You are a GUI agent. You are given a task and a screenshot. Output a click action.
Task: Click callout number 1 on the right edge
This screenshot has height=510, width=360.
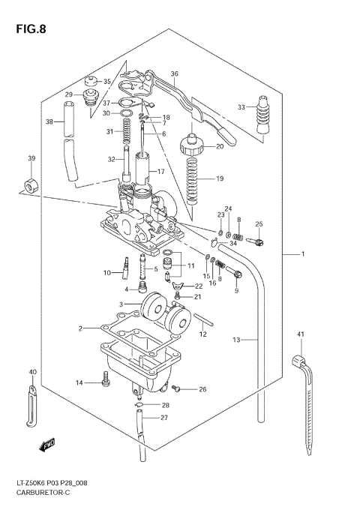303,255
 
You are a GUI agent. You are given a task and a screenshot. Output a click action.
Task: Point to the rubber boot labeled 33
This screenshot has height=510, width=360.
263,118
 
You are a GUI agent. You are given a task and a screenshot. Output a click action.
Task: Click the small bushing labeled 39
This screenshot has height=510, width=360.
31,184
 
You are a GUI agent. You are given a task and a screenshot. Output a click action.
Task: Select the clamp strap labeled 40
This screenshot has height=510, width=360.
31,401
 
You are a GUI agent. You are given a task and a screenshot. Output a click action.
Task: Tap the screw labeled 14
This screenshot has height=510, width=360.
106,383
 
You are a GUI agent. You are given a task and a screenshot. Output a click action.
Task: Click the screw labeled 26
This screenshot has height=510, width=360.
176,388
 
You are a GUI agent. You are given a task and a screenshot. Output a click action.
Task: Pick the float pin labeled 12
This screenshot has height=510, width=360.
204,322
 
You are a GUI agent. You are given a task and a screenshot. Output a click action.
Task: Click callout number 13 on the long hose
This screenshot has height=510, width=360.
235,340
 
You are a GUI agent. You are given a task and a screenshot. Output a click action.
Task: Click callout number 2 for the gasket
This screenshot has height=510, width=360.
80,328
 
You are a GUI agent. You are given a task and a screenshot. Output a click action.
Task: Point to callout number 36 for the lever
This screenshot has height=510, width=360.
174,73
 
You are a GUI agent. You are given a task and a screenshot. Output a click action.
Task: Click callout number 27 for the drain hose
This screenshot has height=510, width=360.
164,418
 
